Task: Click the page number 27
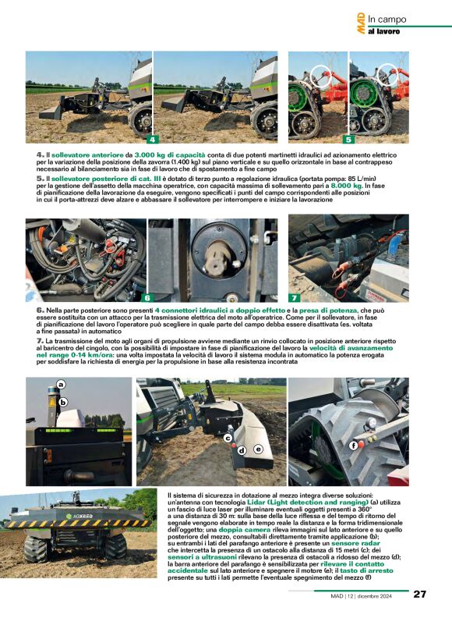point(419,594)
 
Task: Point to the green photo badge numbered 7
point(294,297)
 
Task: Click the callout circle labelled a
point(60,384)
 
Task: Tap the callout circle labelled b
point(65,402)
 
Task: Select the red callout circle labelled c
point(228,439)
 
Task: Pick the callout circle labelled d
point(242,450)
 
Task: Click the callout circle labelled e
point(258,449)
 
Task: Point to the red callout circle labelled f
point(353,445)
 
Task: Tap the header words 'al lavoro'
point(384,31)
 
